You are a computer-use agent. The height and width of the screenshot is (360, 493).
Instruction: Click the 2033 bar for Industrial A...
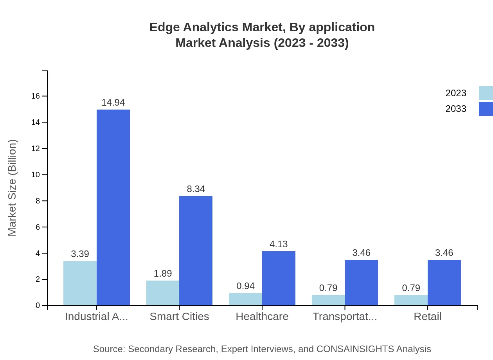point(113,207)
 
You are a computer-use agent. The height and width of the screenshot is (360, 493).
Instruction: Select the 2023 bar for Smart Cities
point(163,293)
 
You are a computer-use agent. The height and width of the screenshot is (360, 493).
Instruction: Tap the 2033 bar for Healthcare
point(279,278)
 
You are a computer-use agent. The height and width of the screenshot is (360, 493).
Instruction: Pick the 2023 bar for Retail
point(411,300)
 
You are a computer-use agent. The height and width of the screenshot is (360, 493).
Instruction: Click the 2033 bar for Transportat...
point(362,283)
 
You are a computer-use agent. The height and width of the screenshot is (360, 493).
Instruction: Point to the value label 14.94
point(113,103)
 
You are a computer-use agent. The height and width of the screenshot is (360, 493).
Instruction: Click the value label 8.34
point(196,189)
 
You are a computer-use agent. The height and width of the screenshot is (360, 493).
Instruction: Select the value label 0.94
point(245,286)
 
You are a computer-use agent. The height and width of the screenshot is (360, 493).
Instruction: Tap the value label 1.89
point(163,274)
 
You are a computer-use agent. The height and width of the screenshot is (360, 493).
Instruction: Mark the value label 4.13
point(279,244)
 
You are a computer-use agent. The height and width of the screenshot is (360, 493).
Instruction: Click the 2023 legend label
point(456,93)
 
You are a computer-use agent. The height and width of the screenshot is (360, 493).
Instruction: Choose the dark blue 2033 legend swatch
point(486,109)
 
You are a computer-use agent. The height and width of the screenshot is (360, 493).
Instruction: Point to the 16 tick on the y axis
point(36,96)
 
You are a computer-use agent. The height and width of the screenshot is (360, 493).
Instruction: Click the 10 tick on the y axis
point(36,175)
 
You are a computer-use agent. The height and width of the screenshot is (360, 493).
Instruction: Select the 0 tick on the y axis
point(38,306)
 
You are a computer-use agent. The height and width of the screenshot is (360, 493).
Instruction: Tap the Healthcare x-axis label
point(262,317)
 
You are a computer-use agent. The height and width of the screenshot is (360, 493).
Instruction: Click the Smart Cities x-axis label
point(179,317)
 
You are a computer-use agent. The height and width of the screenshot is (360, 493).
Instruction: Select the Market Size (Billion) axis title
point(13,188)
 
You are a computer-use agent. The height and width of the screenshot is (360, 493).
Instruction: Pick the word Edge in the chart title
point(162,27)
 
